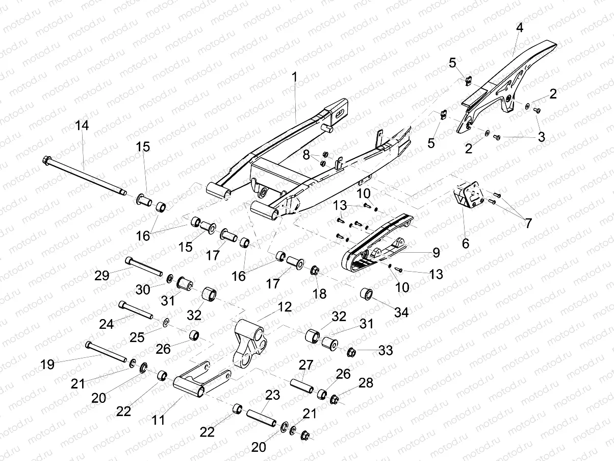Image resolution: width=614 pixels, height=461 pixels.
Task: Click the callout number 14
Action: [82, 126]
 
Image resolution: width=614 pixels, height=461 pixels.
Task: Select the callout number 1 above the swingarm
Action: [294, 77]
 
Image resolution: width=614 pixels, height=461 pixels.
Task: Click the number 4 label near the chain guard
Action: [519, 29]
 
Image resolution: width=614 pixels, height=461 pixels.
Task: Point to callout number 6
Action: [465, 244]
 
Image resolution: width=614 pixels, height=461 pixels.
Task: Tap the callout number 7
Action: [528, 223]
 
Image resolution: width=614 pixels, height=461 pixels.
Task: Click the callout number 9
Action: [436, 252]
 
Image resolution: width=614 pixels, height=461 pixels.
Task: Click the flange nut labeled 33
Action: [351, 352]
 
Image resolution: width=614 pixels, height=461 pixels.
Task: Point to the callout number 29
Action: [103, 275]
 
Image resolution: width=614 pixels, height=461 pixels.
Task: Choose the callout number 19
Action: [47, 365]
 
